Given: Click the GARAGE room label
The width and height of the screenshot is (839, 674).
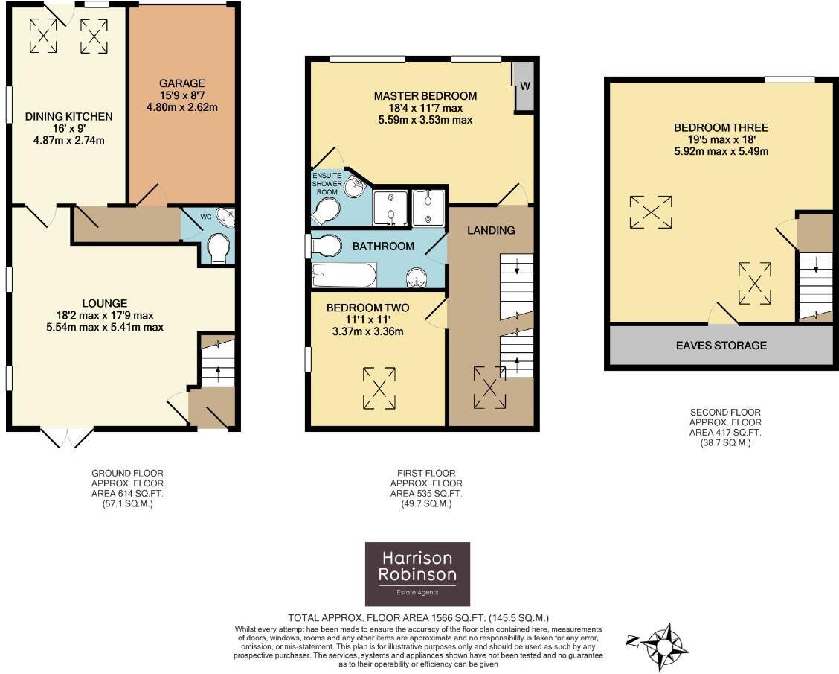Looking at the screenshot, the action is coord(182,83).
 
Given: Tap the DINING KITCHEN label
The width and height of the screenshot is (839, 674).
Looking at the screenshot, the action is coord(69,116).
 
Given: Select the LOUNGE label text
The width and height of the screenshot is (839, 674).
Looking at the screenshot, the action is coord(105,303).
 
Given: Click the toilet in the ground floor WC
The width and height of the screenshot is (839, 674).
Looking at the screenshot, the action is coord(219,248).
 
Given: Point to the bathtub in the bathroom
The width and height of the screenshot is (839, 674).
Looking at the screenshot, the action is coord(344,276).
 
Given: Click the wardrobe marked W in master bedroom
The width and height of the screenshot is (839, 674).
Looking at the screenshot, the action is coord(524,86).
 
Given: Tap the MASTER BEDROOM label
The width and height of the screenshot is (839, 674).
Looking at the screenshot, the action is coord(425,96).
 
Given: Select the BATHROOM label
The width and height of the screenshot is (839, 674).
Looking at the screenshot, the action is coord(383,246).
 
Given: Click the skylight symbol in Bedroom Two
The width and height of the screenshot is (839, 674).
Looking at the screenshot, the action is coord(379,389).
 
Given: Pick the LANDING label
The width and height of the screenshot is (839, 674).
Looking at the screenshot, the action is coord(491,230).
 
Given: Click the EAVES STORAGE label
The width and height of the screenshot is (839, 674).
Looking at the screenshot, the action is coord(721,346).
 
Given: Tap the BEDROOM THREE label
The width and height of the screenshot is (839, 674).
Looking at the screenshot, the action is coord(721,127).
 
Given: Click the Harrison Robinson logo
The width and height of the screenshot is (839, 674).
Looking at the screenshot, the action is coord(417,573).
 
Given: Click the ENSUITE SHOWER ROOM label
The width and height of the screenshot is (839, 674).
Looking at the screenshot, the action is coord(327,183).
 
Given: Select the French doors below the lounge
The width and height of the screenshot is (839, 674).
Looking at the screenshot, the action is coord(67,437).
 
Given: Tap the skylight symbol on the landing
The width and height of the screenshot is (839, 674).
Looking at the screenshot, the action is coord(489,388).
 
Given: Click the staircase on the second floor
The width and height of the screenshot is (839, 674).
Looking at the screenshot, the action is coord(816,286).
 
